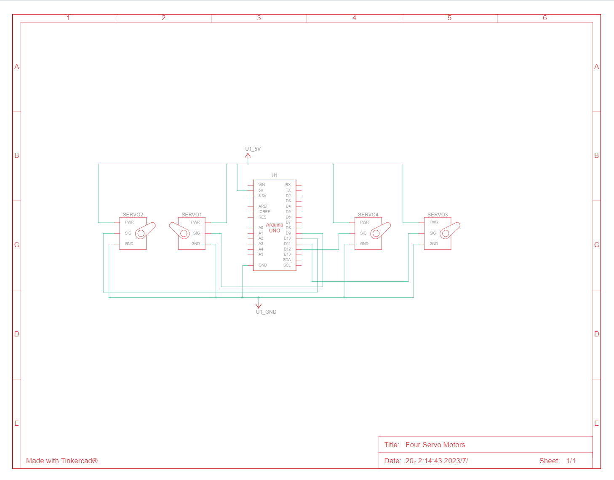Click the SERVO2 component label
coord(133,215)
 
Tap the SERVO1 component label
coord(192,215)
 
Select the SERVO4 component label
coord(368,215)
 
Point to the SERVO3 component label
coord(438,215)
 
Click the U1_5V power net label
coord(253,149)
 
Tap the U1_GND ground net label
coord(266,312)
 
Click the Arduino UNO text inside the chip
coord(275,228)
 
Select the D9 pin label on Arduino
coord(288,233)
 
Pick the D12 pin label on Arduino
coord(287,249)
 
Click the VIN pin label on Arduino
coord(262,185)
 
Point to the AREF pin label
coord(263,206)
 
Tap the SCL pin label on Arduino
coord(287,265)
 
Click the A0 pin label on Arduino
coord(261,228)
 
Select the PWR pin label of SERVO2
coord(129,222)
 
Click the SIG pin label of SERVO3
coord(433,233)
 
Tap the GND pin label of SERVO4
coord(364,244)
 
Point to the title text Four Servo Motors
coord(435,445)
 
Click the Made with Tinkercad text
coord(62,461)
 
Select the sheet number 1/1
coord(571,461)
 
